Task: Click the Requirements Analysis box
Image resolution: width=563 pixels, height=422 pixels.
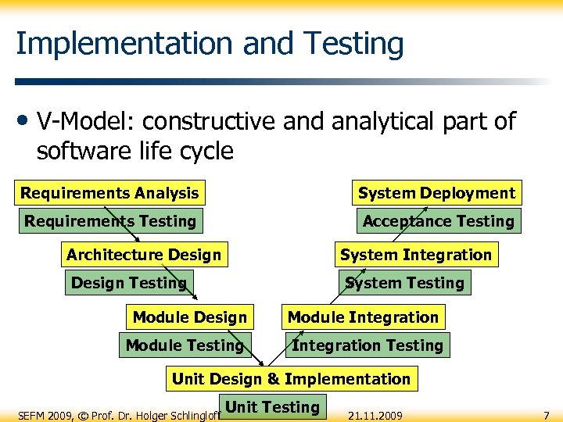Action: click(109, 193)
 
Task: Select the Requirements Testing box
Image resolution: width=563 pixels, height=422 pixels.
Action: click(110, 221)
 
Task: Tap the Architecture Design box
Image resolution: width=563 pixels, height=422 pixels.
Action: click(144, 255)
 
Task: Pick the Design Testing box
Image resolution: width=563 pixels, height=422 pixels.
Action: click(128, 283)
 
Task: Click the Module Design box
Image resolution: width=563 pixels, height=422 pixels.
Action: click(189, 317)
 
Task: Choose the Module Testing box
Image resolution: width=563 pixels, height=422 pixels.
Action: click(185, 345)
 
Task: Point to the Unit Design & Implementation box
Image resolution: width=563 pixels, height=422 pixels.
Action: click(291, 379)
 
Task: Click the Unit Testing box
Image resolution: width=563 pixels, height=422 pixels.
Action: click(272, 407)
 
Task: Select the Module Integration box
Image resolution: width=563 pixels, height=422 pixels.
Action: click(363, 317)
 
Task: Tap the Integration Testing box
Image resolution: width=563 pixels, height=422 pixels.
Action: click(367, 345)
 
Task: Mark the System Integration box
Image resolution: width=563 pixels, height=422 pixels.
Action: click(415, 255)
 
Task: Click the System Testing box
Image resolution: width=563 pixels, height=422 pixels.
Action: click(404, 283)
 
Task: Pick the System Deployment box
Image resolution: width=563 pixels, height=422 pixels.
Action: click(436, 193)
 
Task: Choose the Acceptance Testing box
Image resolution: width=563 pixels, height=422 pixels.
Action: click(438, 221)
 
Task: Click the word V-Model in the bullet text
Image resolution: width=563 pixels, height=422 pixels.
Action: click(84, 122)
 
